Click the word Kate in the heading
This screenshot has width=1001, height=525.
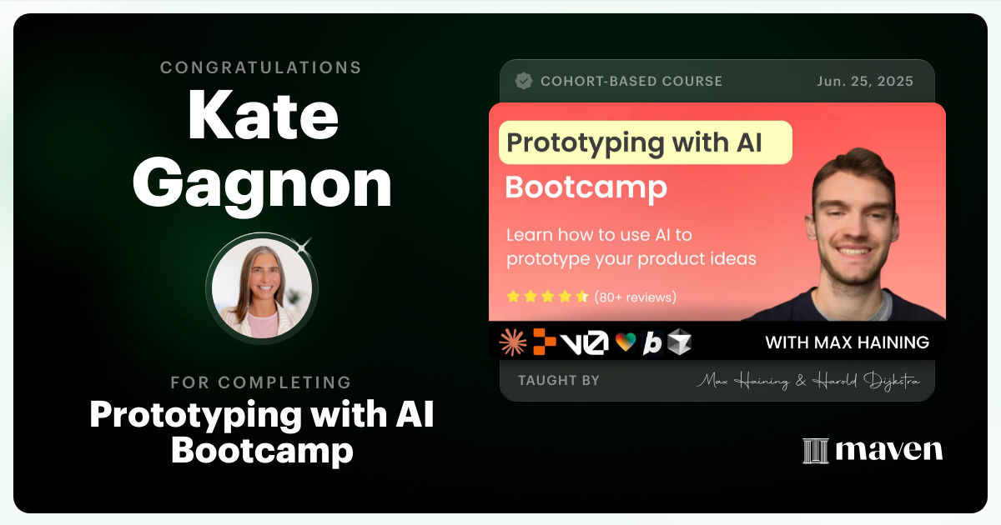(262, 117)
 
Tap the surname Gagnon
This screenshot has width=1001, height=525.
(262, 185)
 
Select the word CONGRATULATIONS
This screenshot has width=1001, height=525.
(261, 67)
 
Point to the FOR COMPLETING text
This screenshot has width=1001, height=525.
(261, 382)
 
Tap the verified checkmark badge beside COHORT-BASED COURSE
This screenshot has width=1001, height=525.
(524, 81)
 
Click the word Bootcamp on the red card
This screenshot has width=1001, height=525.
(586, 187)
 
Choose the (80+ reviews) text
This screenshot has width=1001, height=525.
(636, 297)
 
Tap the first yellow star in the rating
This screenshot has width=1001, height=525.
(513, 297)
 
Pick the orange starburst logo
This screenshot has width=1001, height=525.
(512, 342)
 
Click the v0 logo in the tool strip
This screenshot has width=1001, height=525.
(585, 342)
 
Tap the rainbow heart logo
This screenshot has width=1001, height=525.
(626, 342)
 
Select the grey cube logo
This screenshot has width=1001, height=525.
(679, 342)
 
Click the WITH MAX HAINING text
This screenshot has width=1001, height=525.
(847, 342)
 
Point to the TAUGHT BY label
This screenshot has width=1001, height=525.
(558, 381)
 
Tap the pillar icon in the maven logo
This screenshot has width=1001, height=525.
(815, 451)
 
